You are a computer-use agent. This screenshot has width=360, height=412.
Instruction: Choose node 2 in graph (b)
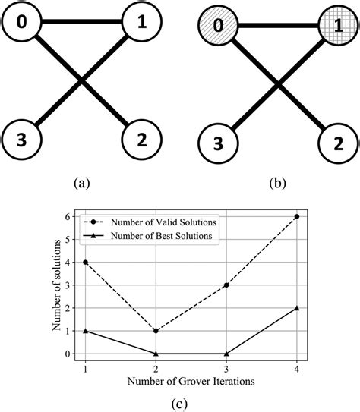click(334, 141)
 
